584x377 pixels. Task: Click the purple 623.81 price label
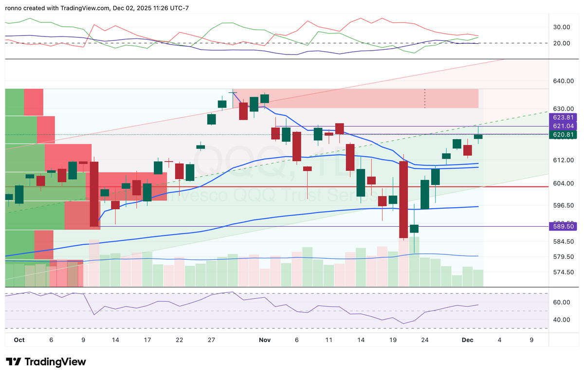(x=563, y=117)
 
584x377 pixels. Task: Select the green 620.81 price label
(x=563, y=135)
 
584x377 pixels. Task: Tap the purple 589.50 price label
(x=563, y=226)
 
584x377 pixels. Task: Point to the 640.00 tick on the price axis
(x=562, y=81)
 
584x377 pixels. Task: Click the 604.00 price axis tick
(x=562, y=183)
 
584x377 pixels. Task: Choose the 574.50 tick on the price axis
(x=562, y=272)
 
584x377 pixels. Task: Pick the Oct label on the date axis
(x=19, y=341)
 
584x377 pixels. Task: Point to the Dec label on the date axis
(x=468, y=341)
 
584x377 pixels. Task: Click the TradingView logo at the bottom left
(x=46, y=362)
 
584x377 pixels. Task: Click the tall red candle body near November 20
(x=403, y=199)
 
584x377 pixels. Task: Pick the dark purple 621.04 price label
(x=563, y=126)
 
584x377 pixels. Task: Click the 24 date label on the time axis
(x=425, y=341)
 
